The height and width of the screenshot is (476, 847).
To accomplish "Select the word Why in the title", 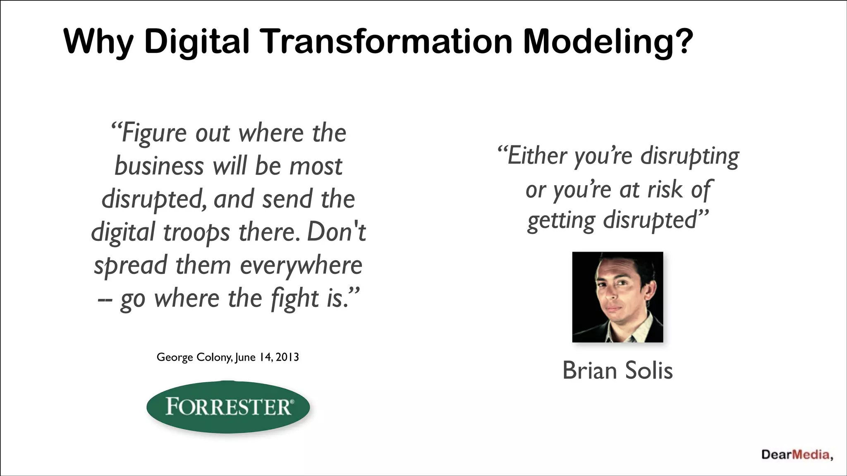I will point(98,42).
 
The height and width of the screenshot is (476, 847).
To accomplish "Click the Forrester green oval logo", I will point(228,407).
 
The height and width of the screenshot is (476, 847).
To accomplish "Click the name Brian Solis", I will point(617,370).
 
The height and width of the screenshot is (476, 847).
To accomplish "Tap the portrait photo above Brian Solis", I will point(617,297).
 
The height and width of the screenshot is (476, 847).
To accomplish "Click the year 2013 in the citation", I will point(287,357).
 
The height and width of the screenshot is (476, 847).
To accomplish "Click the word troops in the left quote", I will point(196,232).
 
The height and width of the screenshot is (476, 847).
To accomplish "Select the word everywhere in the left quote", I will point(301,265).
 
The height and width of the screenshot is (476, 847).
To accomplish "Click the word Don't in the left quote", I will point(336,232).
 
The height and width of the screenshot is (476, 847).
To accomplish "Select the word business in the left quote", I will point(159,166).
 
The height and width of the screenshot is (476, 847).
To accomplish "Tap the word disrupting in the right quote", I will point(689,156).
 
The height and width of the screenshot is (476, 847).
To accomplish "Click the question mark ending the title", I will point(683,42).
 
